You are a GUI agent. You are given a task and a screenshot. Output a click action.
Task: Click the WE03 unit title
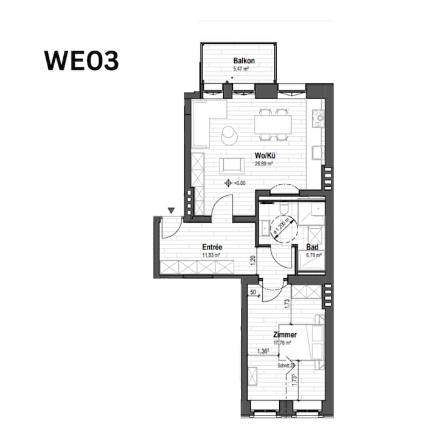point(82,61)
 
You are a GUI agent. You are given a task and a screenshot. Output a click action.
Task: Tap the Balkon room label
point(243,61)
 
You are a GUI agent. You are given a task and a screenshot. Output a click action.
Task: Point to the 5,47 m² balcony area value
point(243,69)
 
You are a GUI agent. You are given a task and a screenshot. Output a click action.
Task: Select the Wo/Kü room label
point(263,155)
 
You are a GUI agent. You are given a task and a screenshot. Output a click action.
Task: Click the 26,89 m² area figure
point(263,163)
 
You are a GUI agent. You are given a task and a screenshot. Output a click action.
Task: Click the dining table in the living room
point(273,125)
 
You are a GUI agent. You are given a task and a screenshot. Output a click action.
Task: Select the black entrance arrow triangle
point(172,210)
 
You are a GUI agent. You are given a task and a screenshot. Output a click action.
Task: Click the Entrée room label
point(212,247)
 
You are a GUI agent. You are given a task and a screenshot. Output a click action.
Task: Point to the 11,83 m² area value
point(211,255)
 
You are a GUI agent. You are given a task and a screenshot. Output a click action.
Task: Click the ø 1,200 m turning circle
point(280,230)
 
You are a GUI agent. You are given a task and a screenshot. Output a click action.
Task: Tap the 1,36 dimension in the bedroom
point(263,351)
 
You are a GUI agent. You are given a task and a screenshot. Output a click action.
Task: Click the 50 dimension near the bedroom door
point(254,293)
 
